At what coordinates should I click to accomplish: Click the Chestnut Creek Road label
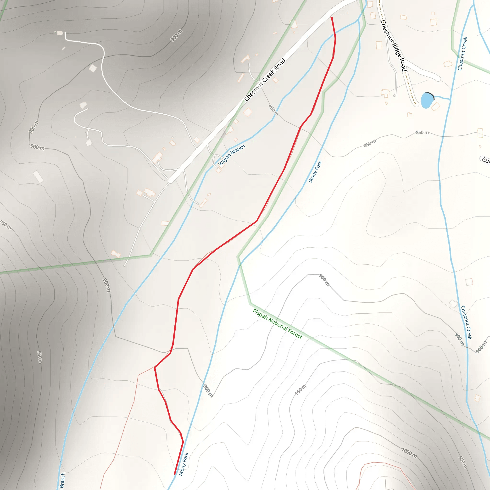[265, 80]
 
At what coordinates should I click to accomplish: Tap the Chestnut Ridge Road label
[393, 46]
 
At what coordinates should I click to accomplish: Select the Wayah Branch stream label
[232, 155]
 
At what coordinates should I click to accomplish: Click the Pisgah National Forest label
[277, 324]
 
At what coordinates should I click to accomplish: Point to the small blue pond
[427, 100]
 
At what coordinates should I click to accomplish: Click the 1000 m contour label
[409, 453]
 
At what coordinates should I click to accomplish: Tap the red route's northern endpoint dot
[332, 18]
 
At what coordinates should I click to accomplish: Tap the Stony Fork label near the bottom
[183, 464]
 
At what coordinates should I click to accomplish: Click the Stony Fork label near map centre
[315, 172]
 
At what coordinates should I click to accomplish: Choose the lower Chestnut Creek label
[466, 322]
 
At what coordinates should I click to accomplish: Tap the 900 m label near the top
[176, 35]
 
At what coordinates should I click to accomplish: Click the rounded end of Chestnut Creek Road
[171, 181]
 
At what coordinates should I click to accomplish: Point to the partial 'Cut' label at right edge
[485, 160]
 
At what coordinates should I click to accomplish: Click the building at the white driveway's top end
[60, 33]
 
